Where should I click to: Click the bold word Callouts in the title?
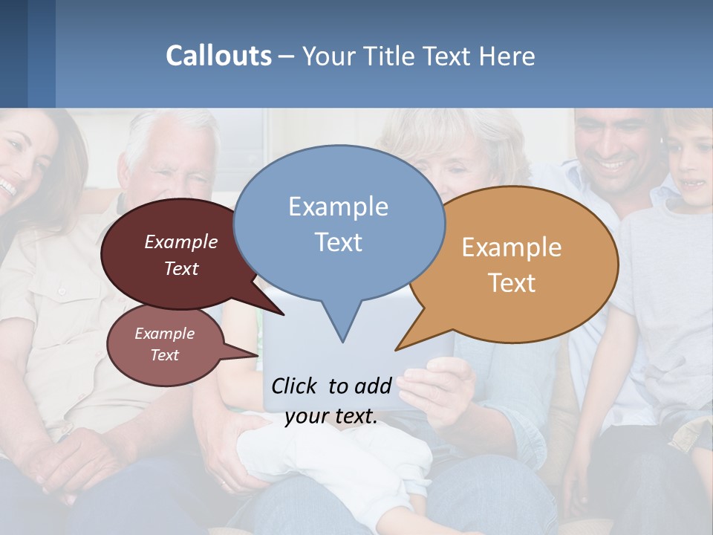click(x=218, y=56)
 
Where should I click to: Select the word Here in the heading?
click(x=507, y=56)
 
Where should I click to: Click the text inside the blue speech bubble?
click(x=338, y=224)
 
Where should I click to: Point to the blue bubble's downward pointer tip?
click(x=342, y=341)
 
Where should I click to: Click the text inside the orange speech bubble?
click(x=512, y=265)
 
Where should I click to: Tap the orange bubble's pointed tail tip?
click(x=397, y=349)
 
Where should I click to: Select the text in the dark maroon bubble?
click(x=181, y=255)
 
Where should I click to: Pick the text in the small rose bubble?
click(x=164, y=344)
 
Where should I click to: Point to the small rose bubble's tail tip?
click(x=257, y=355)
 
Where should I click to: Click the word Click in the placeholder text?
click(x=295, y=386)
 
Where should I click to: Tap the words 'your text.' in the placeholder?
click(x=331, y=416)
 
